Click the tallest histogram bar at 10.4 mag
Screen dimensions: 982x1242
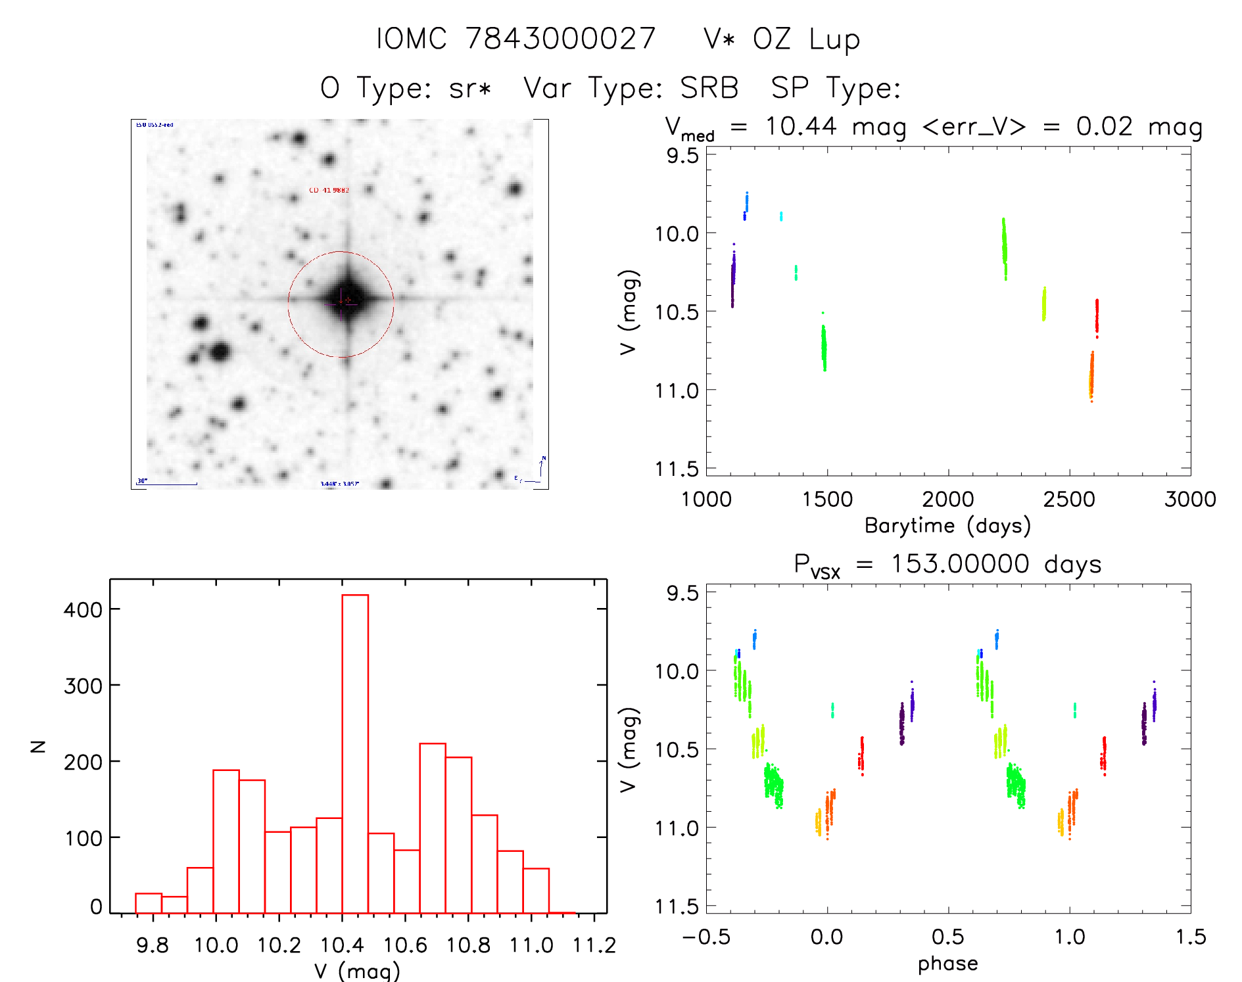coord(355,753)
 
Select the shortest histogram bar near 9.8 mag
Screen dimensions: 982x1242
coord(174,904)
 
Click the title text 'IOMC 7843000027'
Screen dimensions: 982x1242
coord(516,39)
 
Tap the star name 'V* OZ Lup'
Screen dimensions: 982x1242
coord(781,40)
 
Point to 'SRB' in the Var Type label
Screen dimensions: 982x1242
coord(709,88)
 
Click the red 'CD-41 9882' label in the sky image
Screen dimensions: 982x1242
coord(329,190)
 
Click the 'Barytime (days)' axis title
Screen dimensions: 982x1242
coord(947,526)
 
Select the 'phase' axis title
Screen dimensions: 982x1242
coord(947,964)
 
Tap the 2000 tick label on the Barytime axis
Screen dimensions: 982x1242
coord(947,500)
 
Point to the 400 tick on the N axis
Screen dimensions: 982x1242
coord(83,609)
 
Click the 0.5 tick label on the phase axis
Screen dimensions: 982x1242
coord(947,937)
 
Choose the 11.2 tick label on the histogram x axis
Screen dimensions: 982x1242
coord(594,945)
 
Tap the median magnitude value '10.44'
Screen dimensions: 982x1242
coord(801,126)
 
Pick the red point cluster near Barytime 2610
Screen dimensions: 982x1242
coord(1097,317)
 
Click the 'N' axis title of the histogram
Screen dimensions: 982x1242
coord(38,746)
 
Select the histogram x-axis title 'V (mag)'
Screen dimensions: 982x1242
coord(357,971)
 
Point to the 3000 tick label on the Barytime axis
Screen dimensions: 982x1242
coord(1190,500)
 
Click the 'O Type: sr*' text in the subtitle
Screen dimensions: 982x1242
coord(406,88)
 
